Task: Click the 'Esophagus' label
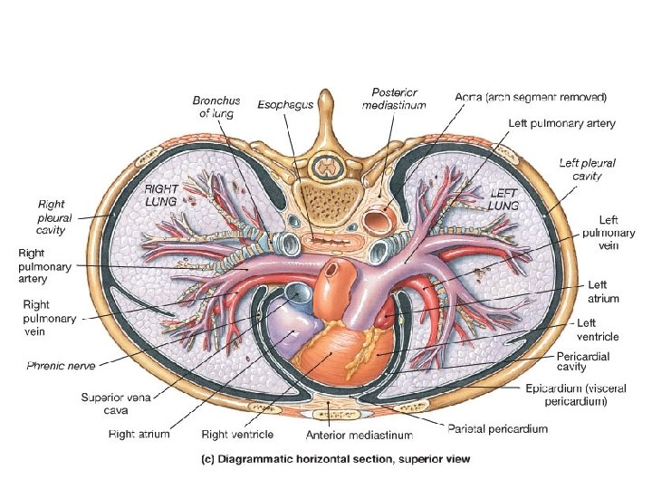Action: point(285,105)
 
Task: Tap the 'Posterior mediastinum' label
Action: point(394,99)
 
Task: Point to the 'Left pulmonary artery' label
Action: point(561,122)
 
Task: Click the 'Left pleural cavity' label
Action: point(587,169)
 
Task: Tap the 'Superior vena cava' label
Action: point(110,403)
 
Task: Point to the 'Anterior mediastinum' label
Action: point(360,436)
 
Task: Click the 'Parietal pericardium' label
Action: point(498,428)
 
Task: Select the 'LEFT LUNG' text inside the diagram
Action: point(504,199)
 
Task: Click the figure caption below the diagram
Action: point(335,459)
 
